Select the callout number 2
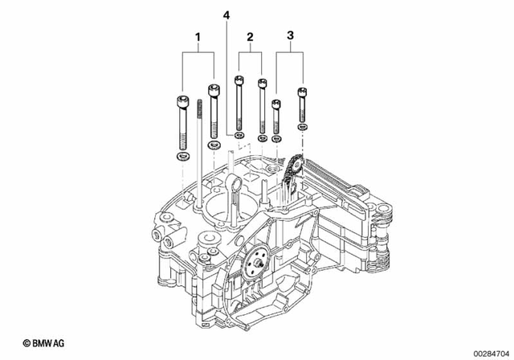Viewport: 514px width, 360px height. point(250,37)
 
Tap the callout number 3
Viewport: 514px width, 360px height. point(290,35)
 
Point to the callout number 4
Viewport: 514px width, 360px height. point(226,16)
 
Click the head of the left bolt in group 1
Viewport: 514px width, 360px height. point(182,102)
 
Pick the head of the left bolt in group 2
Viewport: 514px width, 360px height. point(239,80)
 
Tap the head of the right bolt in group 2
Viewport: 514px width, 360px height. point(262,84)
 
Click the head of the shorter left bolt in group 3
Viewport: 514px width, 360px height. point(277,104)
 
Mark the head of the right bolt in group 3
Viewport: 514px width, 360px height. point(303,92)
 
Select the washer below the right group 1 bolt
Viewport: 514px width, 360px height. point(213,145)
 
